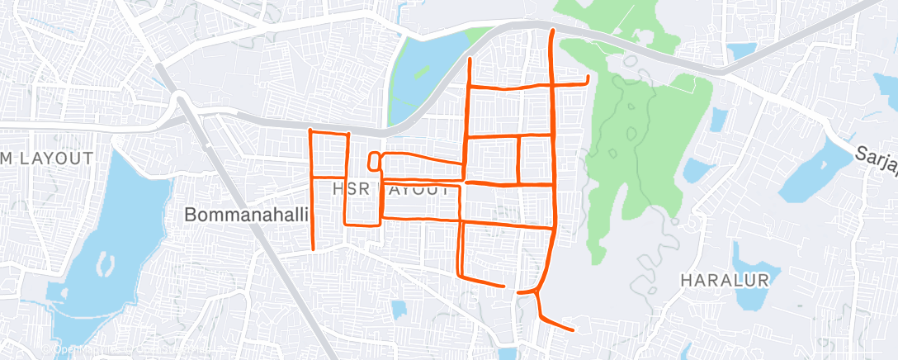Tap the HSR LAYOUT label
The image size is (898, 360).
(x=390, y=190)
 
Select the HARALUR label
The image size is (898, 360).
(x=725, y=280)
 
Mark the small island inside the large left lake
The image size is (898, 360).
(x=105, y=263)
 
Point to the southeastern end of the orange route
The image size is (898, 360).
(x=572, y=330)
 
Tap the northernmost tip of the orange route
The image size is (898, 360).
(x=551, y=31)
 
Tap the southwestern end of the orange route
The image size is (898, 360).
(x=314, y=249)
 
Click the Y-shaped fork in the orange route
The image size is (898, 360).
(x=537, y=291)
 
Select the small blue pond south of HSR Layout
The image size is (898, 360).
(x=399, y=310)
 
